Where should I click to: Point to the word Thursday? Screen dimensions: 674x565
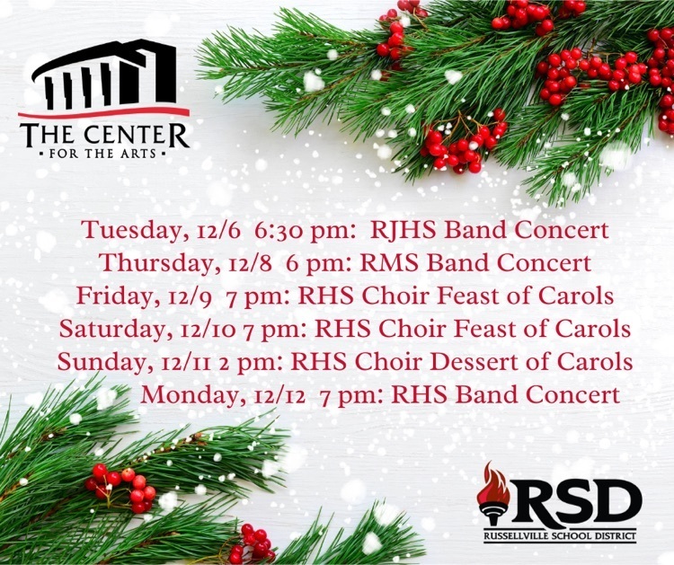tap(156, 263)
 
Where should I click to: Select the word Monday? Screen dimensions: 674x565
tap(189, 395)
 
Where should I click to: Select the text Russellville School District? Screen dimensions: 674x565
tap(560, 535)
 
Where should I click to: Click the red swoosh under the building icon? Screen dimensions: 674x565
tap(103, 112)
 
